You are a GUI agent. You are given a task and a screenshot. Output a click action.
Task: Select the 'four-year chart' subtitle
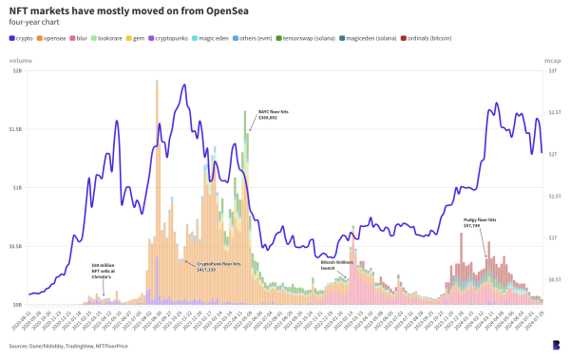point(32,22)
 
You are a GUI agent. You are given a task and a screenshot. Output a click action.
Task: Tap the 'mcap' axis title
point(552,59)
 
